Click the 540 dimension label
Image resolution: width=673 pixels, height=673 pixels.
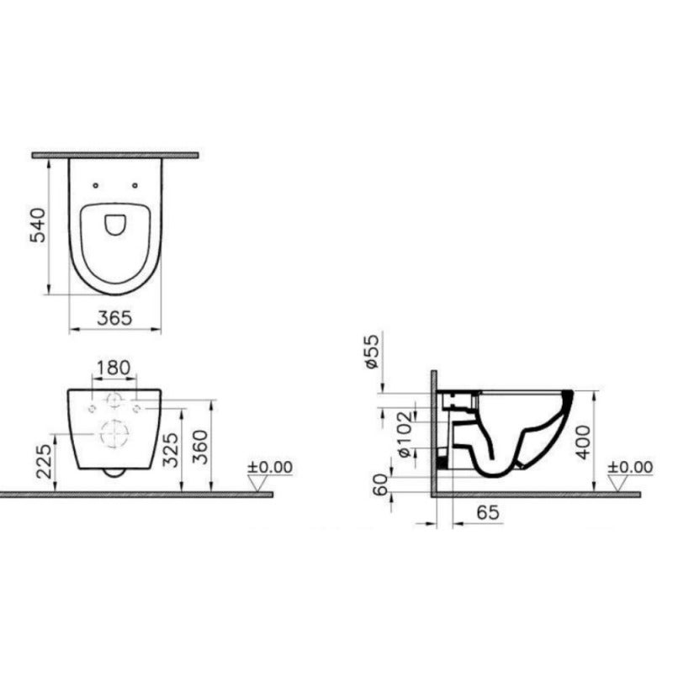pyautogui.click(x=37, y=225)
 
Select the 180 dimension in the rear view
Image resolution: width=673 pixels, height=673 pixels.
pyautogui.click(x=114, y=368)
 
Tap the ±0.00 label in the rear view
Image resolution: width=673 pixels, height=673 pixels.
pyautogui.click(x=270, y=467)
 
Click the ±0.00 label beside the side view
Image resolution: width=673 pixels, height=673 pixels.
pyautogui.click(x=630, y=467)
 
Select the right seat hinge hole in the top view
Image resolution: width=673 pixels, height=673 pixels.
pyautogui.click(x=135, y=184)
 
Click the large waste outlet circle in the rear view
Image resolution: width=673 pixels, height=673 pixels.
pyautogui.click(x=113, y=433)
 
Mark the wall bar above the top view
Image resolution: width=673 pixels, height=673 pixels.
pyautogui.click(x=114, y=156)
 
